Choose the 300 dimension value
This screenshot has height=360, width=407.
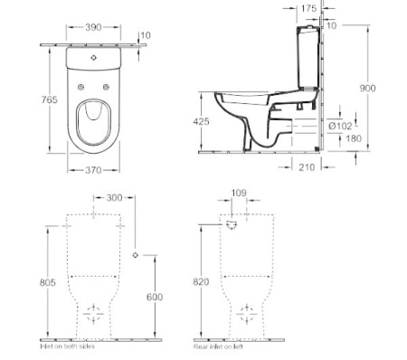(x=115, y=197)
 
